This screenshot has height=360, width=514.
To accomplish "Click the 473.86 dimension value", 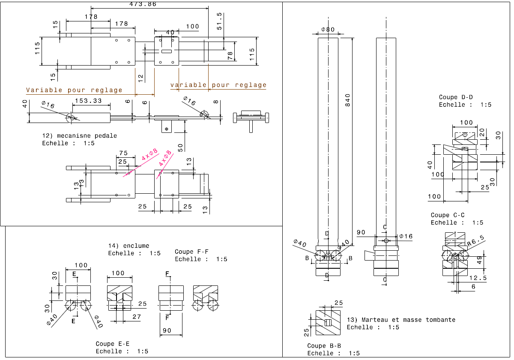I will coord(143,4).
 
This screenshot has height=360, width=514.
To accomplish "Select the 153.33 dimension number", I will coord(88,101).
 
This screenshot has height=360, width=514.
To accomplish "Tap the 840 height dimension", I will coord(348,100).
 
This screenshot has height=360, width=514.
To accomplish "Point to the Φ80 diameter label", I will coord(328,30).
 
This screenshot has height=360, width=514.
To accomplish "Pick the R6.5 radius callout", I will coord(475,243).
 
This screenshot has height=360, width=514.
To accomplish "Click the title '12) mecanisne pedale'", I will coord(79,136).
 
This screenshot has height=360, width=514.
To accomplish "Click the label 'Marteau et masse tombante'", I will coord(408,320).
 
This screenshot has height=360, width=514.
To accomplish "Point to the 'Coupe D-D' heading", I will coord(456,97).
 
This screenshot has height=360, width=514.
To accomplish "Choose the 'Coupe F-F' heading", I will coord(191,252).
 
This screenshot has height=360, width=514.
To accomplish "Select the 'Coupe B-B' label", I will coord(324,346).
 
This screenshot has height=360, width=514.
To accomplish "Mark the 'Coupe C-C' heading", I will coord(448,215).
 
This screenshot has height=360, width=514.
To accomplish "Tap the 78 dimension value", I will coord(230,55).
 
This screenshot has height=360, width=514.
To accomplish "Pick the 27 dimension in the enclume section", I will coord(137,317).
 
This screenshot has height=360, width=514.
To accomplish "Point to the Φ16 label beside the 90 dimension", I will coord(406,236).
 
